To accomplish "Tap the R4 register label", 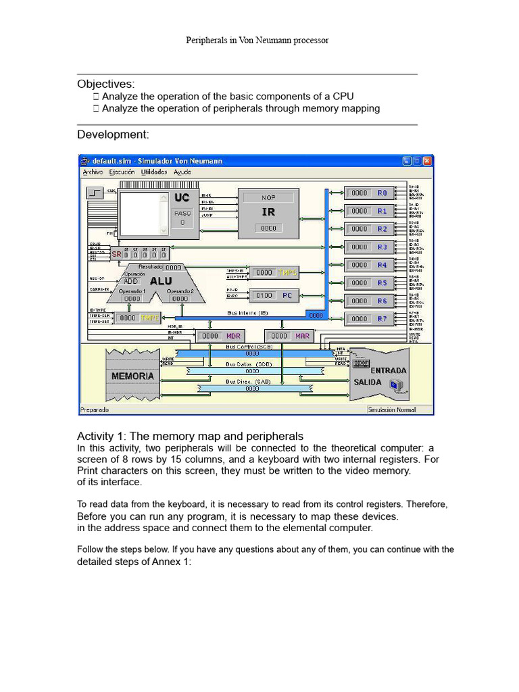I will point(382,265).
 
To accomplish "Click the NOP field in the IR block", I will point(268,198).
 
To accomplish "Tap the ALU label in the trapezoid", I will point(160,281).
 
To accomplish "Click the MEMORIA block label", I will point(132,375).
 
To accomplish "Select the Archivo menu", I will point(93,172).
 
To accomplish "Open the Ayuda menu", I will point(182,172).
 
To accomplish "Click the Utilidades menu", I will point(155,172).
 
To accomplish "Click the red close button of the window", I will point(427,161).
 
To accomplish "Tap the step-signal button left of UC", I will point(94,193).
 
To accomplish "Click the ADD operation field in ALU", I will point(130,281).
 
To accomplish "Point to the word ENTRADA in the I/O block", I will point(388,370).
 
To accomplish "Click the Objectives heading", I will point(105,84).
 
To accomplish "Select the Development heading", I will point(113,134).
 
